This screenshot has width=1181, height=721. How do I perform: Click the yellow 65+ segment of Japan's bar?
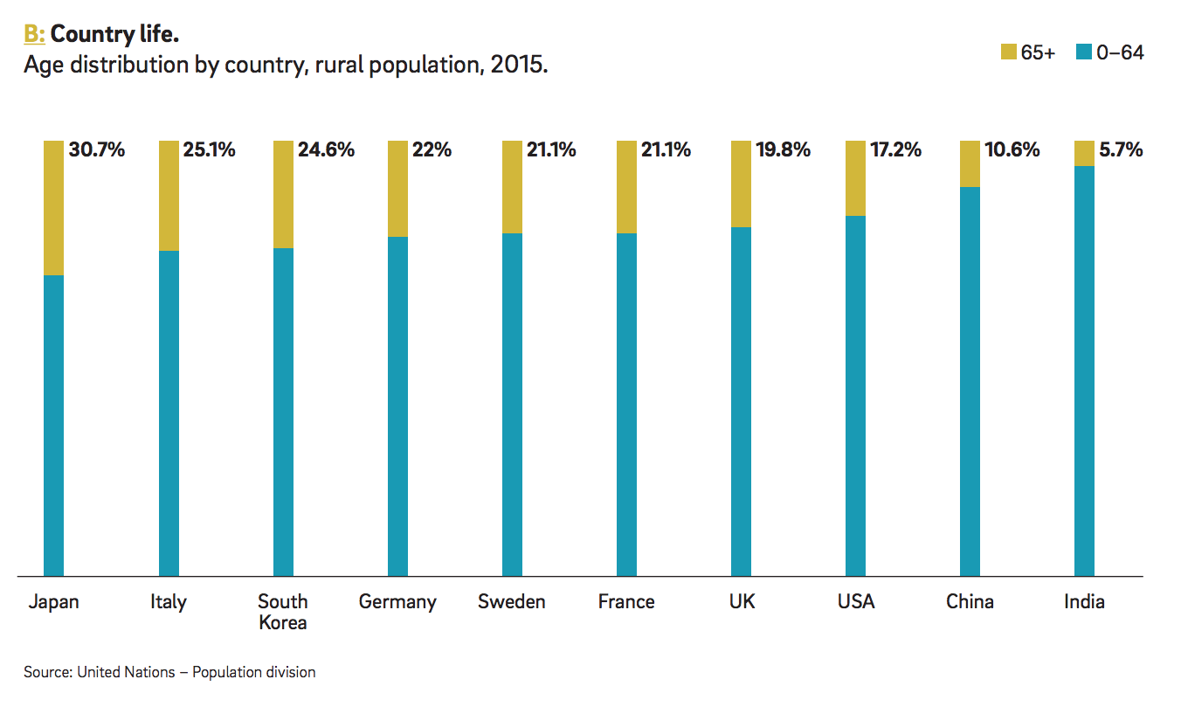click(54, 208)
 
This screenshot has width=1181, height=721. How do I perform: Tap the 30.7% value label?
click(97, 150)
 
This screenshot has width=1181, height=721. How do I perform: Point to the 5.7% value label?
click(1122, 150)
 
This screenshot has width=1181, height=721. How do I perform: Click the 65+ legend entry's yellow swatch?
click(1008, 53)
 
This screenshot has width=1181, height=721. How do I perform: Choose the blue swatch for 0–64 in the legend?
click(1084, 53)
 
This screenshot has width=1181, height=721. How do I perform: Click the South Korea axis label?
click(283, 612)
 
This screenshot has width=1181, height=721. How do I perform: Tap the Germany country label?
click(397, 602)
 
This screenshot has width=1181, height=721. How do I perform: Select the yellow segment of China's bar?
click(970, 163)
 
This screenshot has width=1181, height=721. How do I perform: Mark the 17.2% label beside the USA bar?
click(895, 150)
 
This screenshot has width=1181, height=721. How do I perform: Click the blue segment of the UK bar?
click(741, 402)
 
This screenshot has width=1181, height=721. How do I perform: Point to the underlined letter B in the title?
click(32, 34)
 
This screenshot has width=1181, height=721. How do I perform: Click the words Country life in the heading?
click(114, 34)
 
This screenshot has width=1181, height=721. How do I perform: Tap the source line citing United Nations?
click(169, 672)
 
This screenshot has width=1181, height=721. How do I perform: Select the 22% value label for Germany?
click(432, 150)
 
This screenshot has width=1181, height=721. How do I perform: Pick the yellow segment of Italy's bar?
click(169, 196)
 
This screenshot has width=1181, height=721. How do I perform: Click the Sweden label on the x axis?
click(512, 602)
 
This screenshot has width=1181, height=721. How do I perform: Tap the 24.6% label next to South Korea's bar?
click(326, 150)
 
